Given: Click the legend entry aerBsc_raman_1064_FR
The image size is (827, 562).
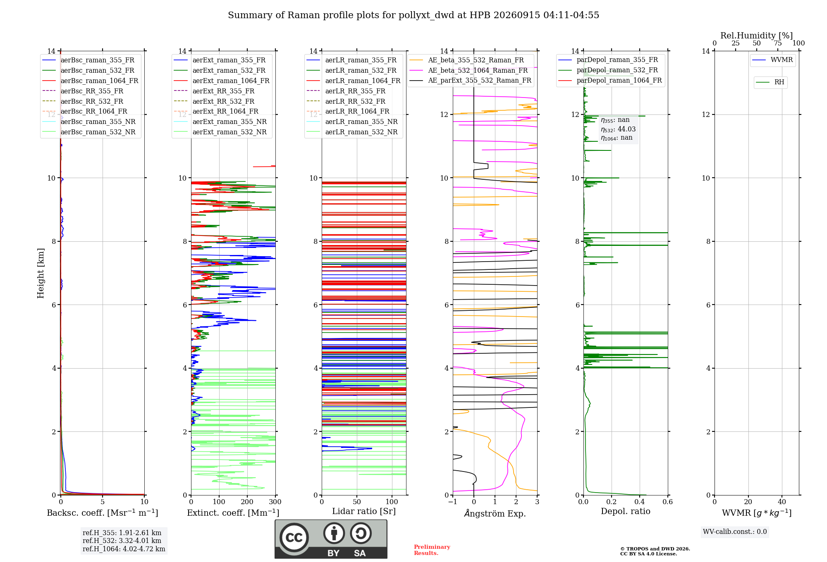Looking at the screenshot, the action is [x=90, y=81].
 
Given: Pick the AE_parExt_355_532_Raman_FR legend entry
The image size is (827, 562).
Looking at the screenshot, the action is [x=471, y=80].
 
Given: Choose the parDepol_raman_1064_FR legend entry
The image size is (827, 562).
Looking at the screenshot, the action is [x=610, y=80].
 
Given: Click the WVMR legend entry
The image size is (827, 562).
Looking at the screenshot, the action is [x=772, y=60].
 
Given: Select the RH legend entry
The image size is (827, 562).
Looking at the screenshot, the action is [x=770, y=82].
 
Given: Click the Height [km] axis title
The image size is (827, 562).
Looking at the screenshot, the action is [x=41, y=273].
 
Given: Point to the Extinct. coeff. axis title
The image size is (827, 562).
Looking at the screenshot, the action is [x=233, y=513].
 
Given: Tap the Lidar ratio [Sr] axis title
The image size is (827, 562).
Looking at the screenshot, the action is [x=364, y=511].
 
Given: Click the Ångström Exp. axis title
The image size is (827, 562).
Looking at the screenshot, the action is [x=495, y=513].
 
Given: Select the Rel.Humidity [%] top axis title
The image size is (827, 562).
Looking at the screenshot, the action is [x=757, y=36].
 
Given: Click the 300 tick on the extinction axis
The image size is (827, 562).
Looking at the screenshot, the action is [x=275, y=502].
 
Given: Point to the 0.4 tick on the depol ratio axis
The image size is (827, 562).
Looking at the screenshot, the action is [x=640, y=502].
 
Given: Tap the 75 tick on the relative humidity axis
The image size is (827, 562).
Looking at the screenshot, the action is [x=778, y=43].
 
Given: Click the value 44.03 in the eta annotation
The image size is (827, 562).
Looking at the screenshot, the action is [x=626, y=129].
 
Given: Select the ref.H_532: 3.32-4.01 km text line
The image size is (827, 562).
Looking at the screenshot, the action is [x=122, y=541].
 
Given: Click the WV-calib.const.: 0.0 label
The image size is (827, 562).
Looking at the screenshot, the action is [x=735, y=532].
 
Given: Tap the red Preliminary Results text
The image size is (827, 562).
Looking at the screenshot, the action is [x=432, y=550].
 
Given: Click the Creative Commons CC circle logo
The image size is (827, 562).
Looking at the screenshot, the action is [x=294, y=538].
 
